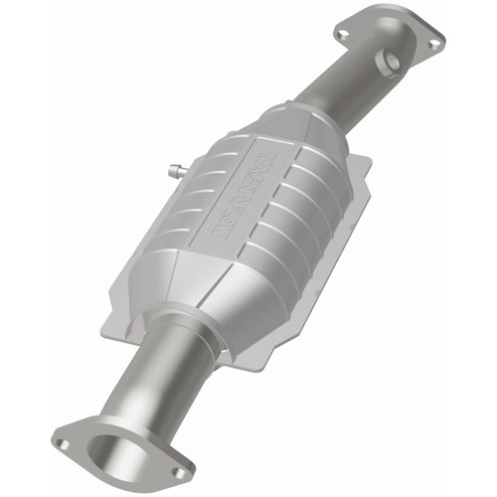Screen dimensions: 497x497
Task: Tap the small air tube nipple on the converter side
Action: (x=176, y=170)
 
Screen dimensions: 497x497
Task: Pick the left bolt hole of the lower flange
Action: (x=63, y=444)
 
